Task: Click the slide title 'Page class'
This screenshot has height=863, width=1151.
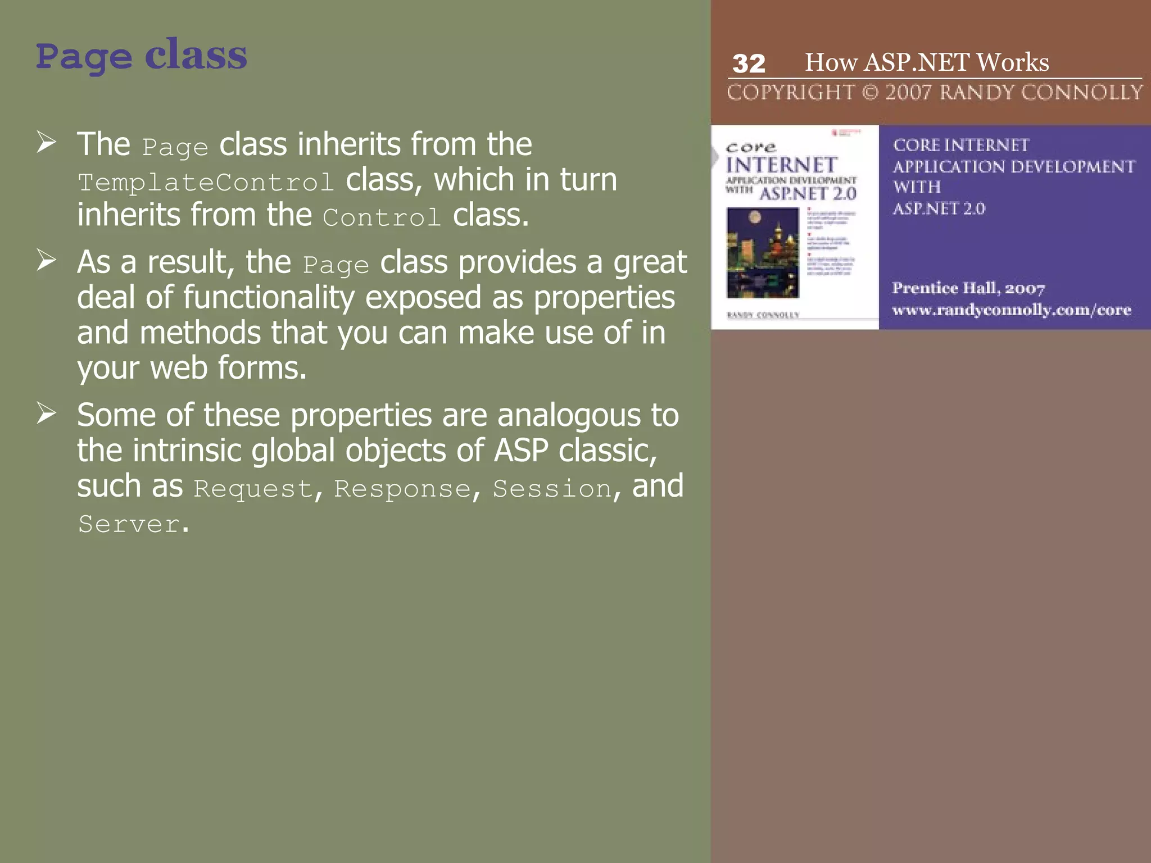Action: pos(141,57)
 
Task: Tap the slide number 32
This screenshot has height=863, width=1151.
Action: pos(749,63)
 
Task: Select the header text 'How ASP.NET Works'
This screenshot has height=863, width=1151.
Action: pos(927,62)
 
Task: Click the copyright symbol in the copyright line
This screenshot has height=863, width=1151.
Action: pos(870,92)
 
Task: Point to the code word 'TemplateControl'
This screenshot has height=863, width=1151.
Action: pos(206,183)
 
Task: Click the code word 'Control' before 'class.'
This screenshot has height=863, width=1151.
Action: pos(382,218)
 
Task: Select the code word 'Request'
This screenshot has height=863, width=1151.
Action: pos(253,489)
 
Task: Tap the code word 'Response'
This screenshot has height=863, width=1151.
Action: pos(402,489)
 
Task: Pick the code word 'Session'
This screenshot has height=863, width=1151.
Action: pos(552,489)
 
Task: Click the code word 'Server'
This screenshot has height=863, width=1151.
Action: pos(129,524)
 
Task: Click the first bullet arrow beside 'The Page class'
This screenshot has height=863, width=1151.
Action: pos(46,142)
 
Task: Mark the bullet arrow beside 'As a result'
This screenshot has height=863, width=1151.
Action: pos(46,260)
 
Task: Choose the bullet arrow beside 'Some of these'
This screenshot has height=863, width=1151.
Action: pos(46,413)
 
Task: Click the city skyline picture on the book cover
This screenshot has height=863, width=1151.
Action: pos(763,252)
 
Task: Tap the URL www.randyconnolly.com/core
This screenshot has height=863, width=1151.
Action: pos(1011,310)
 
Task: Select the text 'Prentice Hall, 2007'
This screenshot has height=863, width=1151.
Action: pos(968,288)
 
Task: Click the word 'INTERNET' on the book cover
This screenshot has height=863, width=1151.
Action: pos(781,165)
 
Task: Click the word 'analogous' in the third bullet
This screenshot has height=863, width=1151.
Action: pos(569,416)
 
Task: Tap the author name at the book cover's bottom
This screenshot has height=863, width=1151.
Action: pos(763,315)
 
